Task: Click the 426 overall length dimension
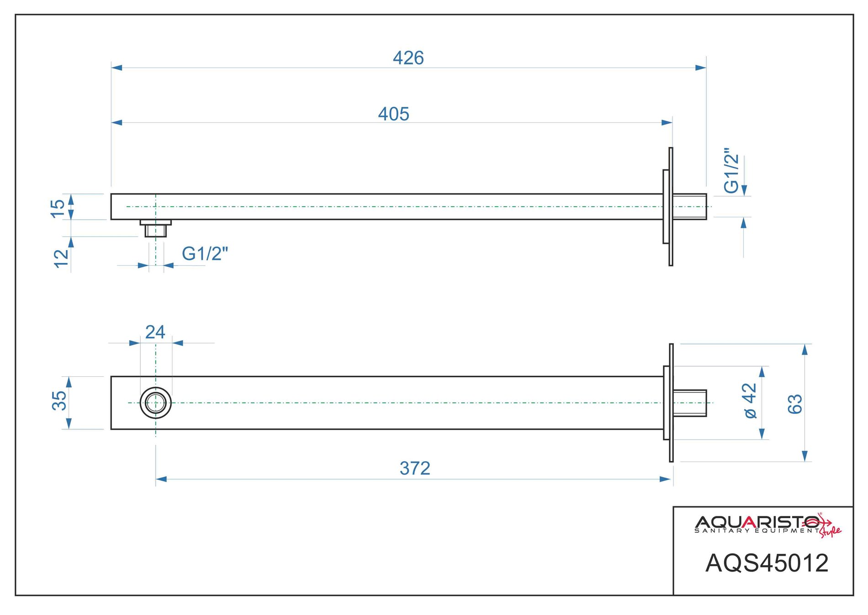pyautogui.click(x=408, y=58)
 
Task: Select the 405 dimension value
pyautogui.click(x=393, y=114)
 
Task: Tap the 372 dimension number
pyautogui.click(x=415, y=468)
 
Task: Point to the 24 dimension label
pyautogui.click(x=155, y=332)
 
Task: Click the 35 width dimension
pyautogui.click(x=59, y=400)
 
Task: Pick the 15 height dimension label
pyautogui.click(x=58, y=208)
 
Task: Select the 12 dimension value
pyautogui.click(x=61, y=258)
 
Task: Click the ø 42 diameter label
pyautogui.click(x=750, y=400)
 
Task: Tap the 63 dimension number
pyautogui.click(x=795, y=404)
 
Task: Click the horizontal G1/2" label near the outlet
pyautogui.click(x=205, y=253)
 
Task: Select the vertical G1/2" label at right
pyautogui.click(x=731, y=170)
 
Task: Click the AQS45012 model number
pyautogui.click(x=767, y=563)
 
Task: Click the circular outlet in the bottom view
pyautogui.click(x=156, y=403)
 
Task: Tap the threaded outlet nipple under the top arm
pyautogui.click(x=156, y=230)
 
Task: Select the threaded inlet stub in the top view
pyautogui.click(x=689, y=206)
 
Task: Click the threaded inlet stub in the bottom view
pyautogui.click(x=689, y=403)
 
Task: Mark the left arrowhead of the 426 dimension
pyautogui.click(x=117, y=68)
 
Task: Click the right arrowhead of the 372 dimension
pyautogui.click(x=666, y=479)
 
